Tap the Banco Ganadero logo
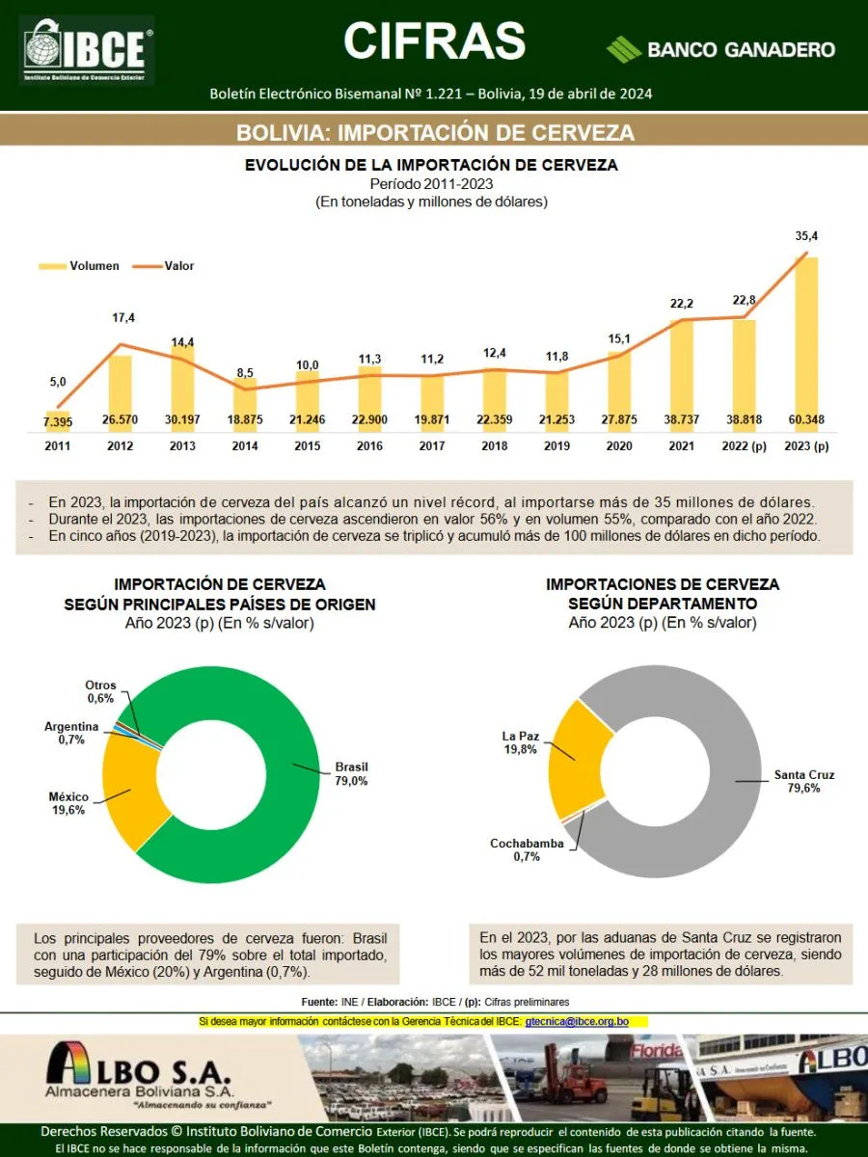point(720,49)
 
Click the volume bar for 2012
point(120,390)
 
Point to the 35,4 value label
point(806,235)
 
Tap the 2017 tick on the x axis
point(431,446)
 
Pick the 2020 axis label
point(619,446)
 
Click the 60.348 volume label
point(806,420)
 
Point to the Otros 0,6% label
point(100,691)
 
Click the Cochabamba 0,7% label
point(527,849)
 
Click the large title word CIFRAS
point(434,40)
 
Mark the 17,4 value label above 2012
point(123,318)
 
